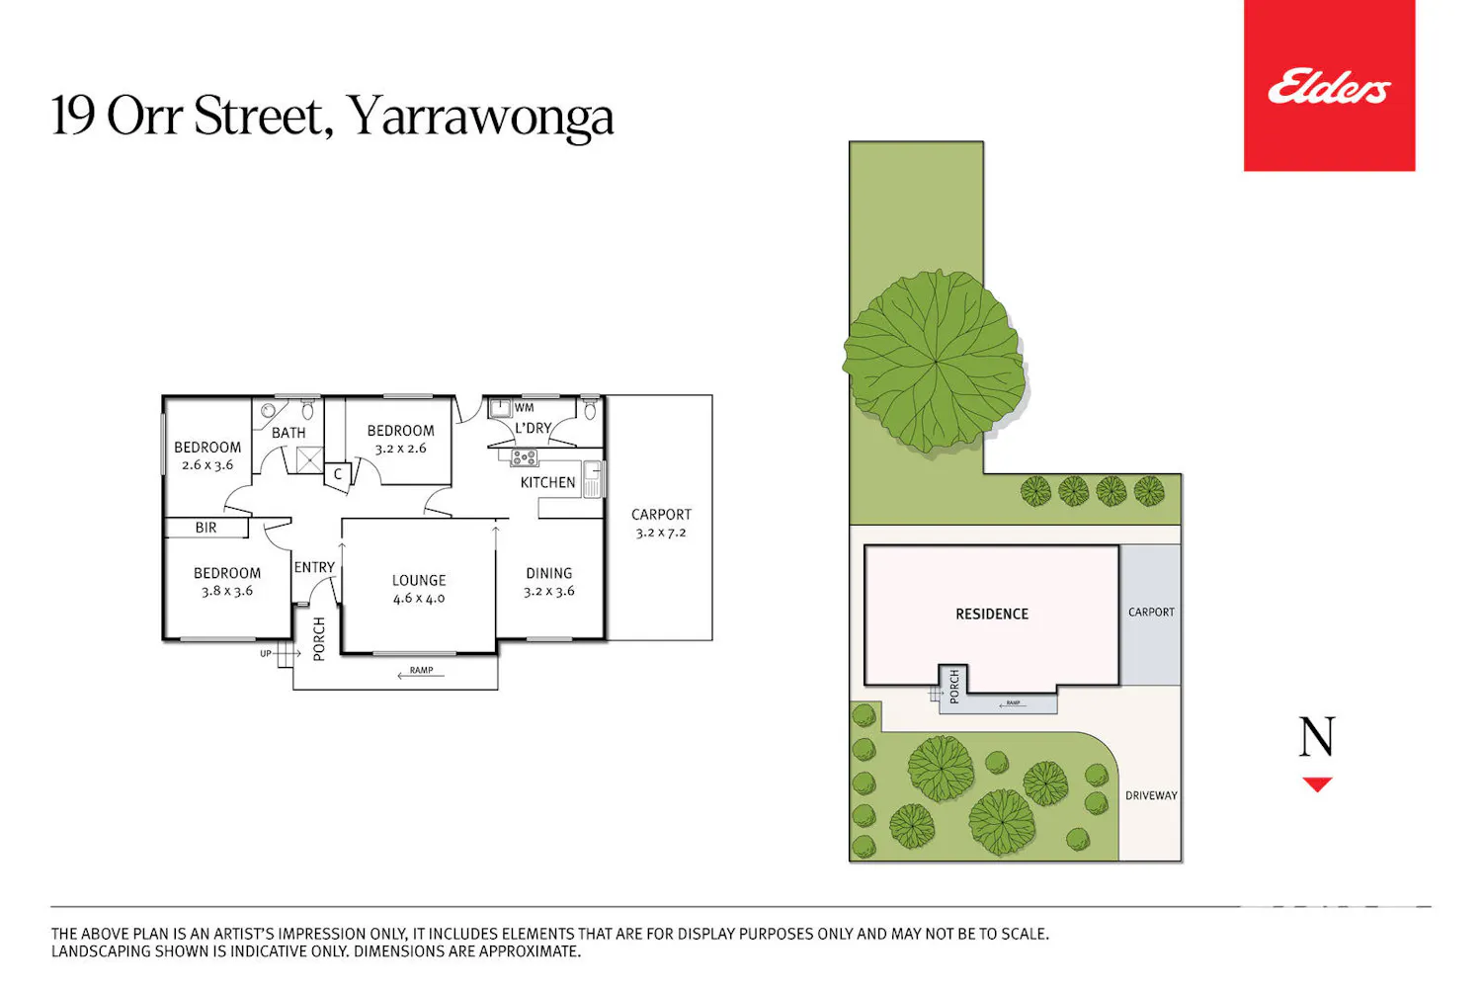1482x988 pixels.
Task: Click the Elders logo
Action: point(1329,86)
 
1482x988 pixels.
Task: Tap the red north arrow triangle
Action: point(1317,784)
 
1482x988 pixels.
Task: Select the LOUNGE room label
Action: point(419,580)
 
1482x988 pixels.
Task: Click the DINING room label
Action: point(548,573)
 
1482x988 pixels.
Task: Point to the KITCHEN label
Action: point(547,482)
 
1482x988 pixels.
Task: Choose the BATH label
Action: point(288,433)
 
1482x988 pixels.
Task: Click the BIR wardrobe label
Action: point(206,528)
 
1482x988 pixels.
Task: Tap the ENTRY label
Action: point(314,567)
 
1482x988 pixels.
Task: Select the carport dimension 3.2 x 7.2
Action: point(661,533)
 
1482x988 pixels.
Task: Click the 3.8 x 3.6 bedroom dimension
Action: point(227,591)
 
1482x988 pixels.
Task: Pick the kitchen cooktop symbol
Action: point(524,456)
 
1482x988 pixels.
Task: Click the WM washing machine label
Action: point(524,408)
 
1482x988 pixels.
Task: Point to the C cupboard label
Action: point(338,474)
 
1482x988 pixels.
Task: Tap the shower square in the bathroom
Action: point(309,460)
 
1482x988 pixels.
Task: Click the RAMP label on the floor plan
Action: point(422,670)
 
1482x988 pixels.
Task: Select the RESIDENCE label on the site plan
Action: point(992,615)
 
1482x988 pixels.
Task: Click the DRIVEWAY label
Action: point(1151,795)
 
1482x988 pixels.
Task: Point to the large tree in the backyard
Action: point(935,362)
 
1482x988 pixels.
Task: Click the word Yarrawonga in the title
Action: point(479,117)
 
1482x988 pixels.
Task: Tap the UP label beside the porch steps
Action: point(266,654)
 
